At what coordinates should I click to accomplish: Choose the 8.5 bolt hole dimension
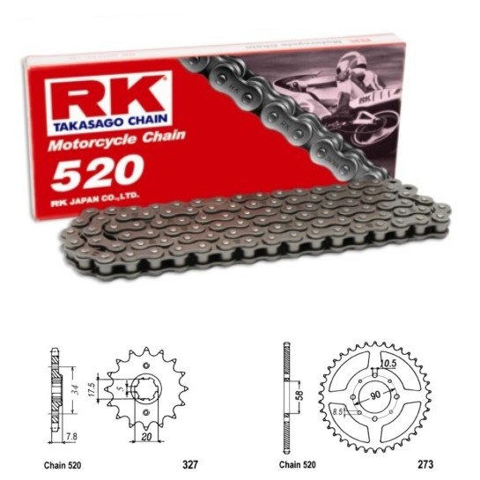(x=337, y=409)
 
